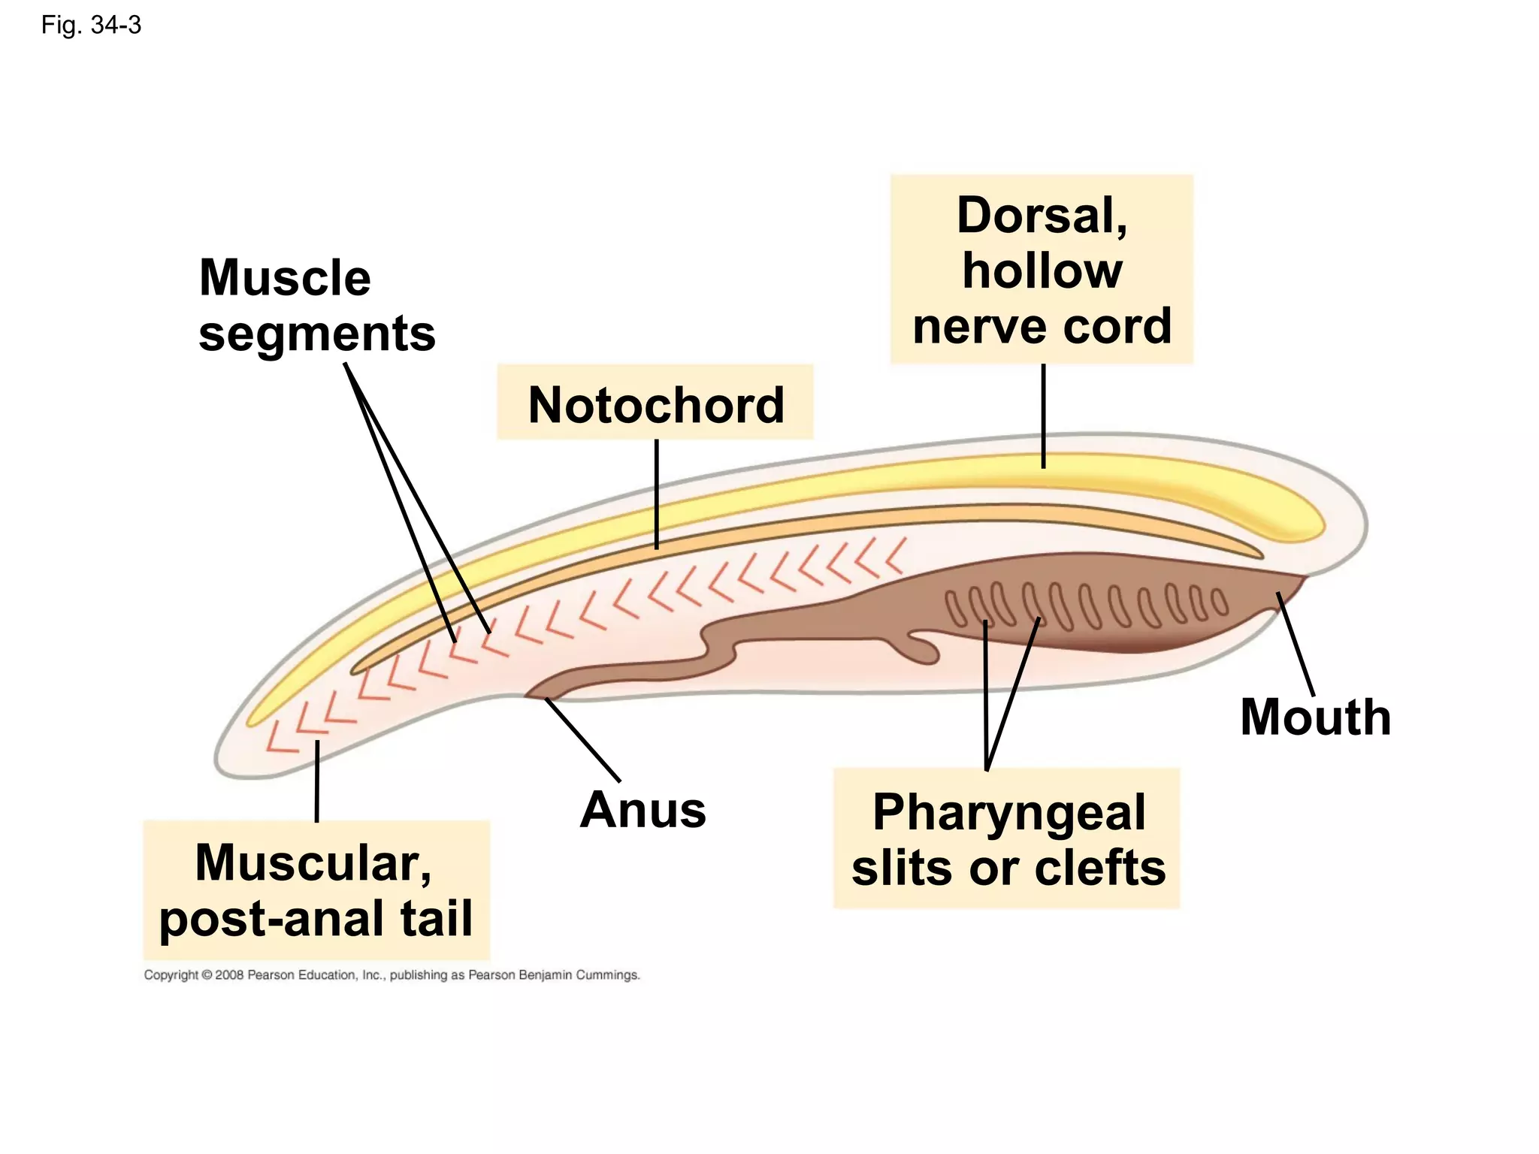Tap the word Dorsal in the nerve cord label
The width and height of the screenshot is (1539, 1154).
click(1042, 216)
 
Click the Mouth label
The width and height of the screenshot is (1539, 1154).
click(1315, 717)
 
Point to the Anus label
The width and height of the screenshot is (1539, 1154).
click(643, 810)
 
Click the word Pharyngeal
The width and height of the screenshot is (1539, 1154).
click(1008, 812)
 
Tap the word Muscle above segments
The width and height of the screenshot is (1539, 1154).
click(285, 278)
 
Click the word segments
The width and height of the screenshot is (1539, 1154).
click(316, 334)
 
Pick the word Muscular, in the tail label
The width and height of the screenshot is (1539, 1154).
click(313, 862)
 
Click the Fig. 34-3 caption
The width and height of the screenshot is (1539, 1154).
click(91, 26)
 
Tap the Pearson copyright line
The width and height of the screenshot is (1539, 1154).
click(392, 974)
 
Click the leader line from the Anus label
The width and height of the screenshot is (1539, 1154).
click(582, 739)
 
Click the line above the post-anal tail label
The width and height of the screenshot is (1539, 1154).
click(317, 781)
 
